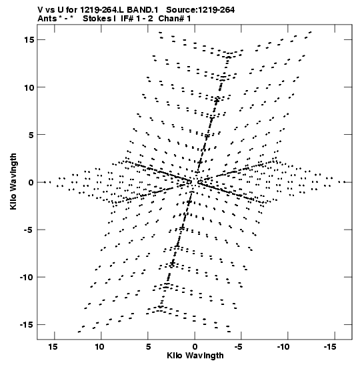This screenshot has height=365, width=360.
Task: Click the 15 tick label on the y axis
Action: click(x=29, y=40)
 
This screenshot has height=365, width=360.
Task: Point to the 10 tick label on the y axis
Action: click(x=29, y=87)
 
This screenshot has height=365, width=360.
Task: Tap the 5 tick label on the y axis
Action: click(x=31, y=135)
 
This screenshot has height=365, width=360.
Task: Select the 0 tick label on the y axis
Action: click(x=31, y=183)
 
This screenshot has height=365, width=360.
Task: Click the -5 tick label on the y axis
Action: click(x=29, y=230)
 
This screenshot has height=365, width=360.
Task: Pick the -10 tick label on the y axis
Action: click(x=27, y=278)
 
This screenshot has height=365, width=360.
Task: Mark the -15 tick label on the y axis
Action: click(x=27, y=325)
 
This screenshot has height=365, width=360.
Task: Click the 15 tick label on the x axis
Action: click(x=53, y=347)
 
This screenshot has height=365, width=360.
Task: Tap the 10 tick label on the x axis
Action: click(x=99, y=347)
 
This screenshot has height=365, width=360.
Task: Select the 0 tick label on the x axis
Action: click(x=195, y=347)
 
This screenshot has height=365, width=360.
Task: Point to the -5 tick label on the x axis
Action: click(x=239, y=347)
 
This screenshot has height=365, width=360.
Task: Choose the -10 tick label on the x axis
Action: click(x=284, y=347)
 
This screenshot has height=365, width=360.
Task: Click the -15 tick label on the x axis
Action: click(x=330, y=347)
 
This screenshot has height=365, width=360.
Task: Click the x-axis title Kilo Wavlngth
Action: click(x=195, y=356)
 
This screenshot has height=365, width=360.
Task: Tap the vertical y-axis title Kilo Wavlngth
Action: click(x=13, y=181)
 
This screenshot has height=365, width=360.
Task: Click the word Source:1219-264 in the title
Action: click(x=201, y=10)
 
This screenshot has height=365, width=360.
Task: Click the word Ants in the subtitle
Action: click(x=47, y=19)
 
